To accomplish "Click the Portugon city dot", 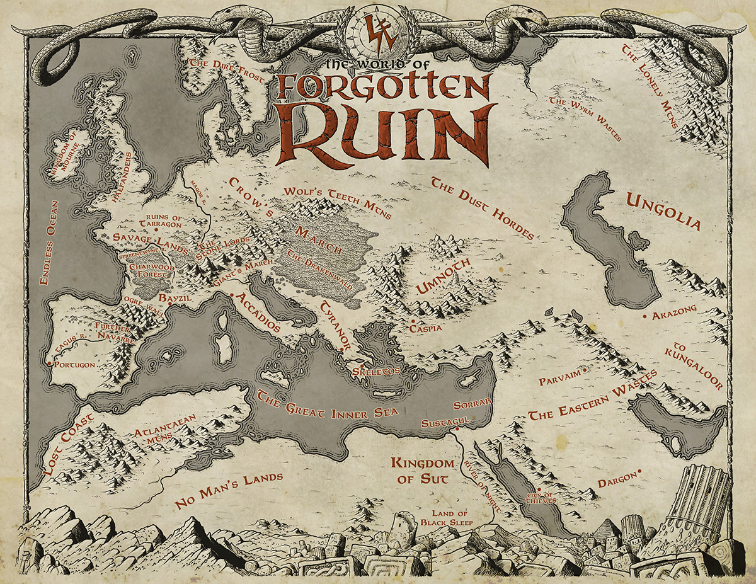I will tap(49, 364).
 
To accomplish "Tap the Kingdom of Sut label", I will tap(422, 471).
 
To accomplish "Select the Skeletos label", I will tap(377, 372).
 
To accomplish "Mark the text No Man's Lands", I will tap(229, 490).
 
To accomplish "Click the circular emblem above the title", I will tap(377, 33).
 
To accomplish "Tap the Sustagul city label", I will tap(444, 421).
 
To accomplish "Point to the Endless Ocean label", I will tap(49, 243).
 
